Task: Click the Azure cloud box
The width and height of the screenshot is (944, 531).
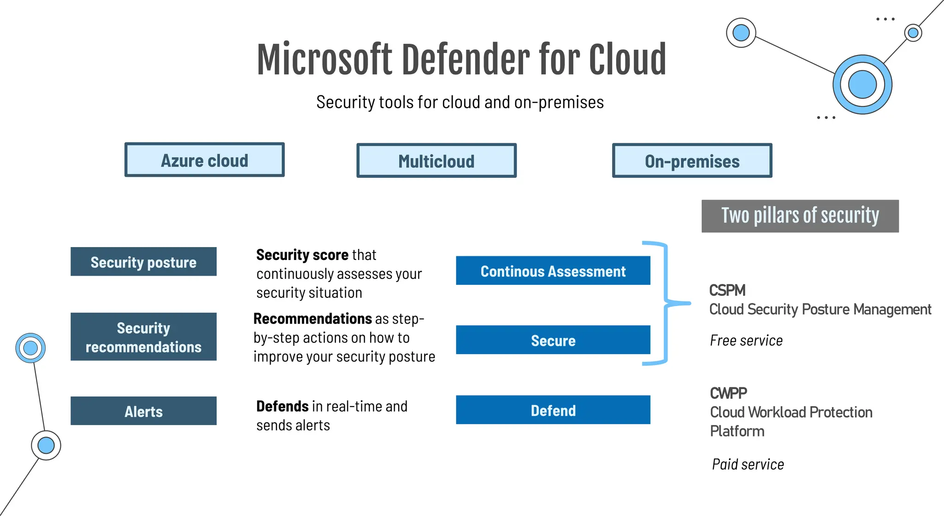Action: click(x=204, y=160)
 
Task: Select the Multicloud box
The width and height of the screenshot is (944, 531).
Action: click(x=436, y=161)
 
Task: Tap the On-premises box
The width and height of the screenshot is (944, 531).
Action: click(x=692, y=161)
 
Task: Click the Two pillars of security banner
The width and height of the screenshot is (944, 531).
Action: click(x=800, y=216)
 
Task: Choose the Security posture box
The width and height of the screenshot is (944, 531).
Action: click(x=143, y=262)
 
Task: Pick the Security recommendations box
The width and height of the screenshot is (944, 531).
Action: click(x=143, y=337)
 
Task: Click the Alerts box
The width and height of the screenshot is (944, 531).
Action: click(x=143, y=411)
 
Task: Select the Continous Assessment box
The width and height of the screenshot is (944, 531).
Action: click(x=553, y=271)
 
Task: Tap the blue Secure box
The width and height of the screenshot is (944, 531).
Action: click(x=553, y=340)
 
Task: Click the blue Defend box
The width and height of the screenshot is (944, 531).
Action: click(x=553, y=410)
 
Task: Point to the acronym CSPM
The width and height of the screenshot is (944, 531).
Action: click(x=727, y=290)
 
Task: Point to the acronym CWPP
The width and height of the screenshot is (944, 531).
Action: click(x=728, y=393)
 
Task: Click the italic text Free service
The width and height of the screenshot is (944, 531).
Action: click(x=746, y=341)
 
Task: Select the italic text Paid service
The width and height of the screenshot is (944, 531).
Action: click(x=748, y=464)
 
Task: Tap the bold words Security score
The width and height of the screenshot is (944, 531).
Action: click(x=302, y=255)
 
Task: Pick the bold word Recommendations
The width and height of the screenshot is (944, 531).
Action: click(x=313, y=319)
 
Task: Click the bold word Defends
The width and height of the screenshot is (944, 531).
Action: click(x=282, y=406)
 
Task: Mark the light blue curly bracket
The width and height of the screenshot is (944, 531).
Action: click(x=666, y=303)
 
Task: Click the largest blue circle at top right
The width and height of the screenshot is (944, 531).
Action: click(x=862, y=85)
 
